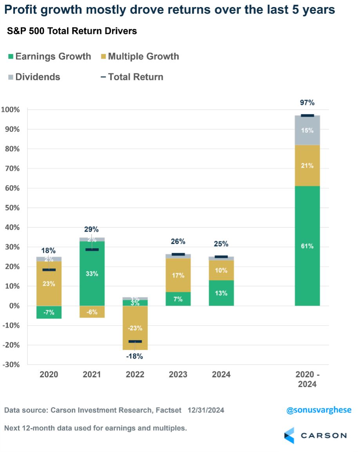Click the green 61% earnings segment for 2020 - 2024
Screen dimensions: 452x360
[x=308, y=246]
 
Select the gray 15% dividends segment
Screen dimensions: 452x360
[x=308, y=130]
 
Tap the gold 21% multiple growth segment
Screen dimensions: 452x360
[x=308, y=166]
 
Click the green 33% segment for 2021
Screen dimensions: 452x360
[x=92, y=274]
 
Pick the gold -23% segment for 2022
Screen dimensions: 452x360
[x=135, y=328]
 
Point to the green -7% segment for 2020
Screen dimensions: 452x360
[x=49, y=312]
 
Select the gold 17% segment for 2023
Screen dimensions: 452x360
[x=178, y=275]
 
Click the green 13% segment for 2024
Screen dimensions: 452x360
[x=221, y=293]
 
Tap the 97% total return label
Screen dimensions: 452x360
[x=308, y=103]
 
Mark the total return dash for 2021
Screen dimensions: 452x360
[x=92, y=250]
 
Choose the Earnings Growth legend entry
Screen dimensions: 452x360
[x=49, y=56]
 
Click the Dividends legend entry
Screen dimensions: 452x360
[x=34, y=77]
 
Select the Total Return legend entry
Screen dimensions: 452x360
[x=132, y=77]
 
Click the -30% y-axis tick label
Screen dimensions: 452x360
[x=12, y=365]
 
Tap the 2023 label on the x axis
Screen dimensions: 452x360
[x=178, y=375]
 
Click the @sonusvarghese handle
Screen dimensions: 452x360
[x=319, y=410]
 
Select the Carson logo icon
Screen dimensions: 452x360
[x=289, y=436]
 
